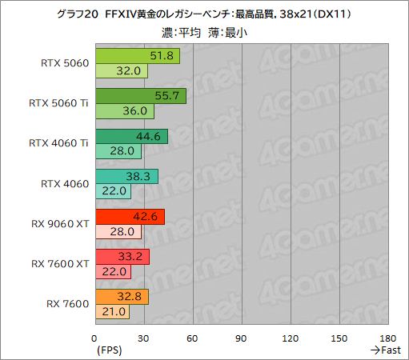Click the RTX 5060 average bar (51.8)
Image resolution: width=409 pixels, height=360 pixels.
(x=136, y=56)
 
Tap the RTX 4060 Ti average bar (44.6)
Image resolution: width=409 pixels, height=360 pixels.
(x=130, y=136)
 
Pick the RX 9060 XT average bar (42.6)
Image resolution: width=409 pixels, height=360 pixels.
(x=129, y=216)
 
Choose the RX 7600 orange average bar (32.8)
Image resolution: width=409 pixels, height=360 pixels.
(x=121, y=296)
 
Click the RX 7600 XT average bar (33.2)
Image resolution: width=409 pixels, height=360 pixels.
(x=122, y=256)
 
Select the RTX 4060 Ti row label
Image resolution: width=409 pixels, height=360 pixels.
(x=58, y=143)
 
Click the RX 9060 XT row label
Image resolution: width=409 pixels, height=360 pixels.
(x=59, y=223)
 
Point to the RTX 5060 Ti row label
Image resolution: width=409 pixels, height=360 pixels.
(x=58, y=103)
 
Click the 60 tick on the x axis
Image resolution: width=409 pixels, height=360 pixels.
(x=192, y=338)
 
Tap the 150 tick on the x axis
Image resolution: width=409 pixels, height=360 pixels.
(x=339, y=338)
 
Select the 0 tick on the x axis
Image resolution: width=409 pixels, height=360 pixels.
(x=94, y=338)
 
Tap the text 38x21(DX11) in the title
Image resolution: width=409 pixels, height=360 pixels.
(x=315, y=14)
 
